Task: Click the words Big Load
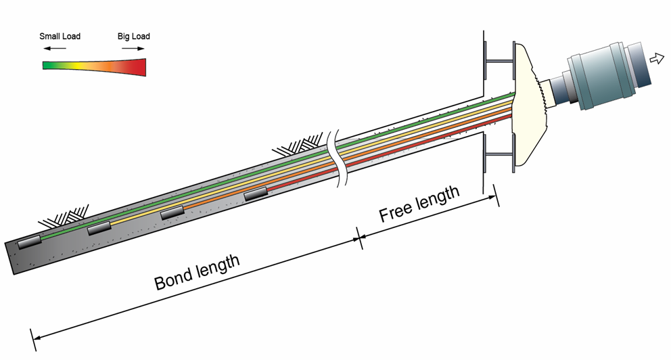[x=134, y=36]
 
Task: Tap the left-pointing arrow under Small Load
[x=56, y=49]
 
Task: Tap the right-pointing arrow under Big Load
[x=132, y=49]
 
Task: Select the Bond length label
[x=197, y=272]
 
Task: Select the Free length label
[x=419, y=204]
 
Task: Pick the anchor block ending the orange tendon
[x=172, y=212]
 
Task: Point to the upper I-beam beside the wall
[x=499, y=62]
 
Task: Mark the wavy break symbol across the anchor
[x=336, y=156]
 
